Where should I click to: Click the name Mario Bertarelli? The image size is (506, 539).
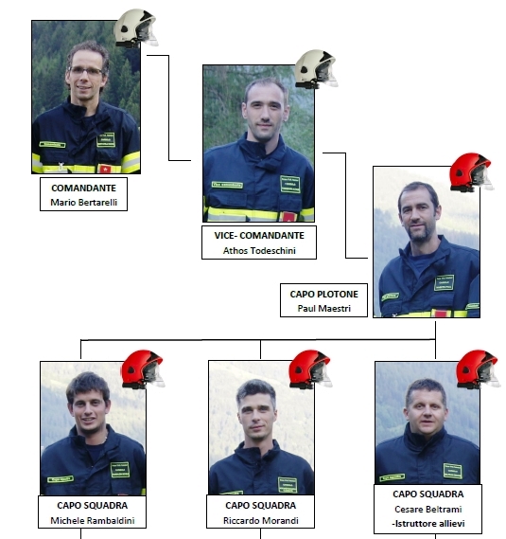pos(84,202)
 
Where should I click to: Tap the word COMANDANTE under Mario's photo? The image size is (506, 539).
pos(84,188)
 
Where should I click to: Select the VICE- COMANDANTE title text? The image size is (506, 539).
pos(259,236)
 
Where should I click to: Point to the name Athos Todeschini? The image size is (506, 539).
pos(259,251)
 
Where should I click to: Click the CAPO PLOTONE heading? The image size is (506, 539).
pos(323,295)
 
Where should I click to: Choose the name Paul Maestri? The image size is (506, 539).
pos(323,309)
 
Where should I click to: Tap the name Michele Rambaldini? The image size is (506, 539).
pos(93,520)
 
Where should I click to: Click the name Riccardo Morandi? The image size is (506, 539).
pos(260,520)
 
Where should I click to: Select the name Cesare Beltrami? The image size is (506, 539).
pos(428,509)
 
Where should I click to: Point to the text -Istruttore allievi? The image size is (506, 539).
pos(428,524)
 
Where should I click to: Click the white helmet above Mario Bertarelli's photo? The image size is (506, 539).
pos(136,27)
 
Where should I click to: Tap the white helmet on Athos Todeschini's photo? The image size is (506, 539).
pos(317,69)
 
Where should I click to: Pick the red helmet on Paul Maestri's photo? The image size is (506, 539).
pos(472,172)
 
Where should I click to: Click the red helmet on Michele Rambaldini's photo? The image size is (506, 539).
pos(143,369)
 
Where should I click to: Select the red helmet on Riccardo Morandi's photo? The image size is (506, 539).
pos(310,369)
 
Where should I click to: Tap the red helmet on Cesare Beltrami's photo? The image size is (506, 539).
pos(479,369)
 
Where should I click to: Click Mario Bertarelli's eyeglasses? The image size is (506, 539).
pos(86,71)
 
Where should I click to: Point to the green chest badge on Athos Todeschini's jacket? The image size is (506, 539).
pos(290,185)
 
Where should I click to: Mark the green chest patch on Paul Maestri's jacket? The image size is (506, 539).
pos(444,283)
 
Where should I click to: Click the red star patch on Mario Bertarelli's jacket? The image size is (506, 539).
pos(105,169)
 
